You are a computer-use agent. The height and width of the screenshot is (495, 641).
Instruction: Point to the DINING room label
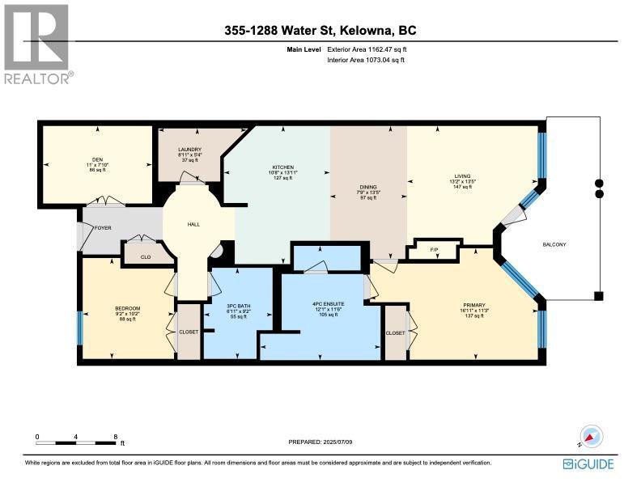[x=368, y=187]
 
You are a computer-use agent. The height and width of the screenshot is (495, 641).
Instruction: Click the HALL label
[x=193, y=225]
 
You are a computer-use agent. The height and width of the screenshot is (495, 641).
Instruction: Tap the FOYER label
[x=101, y=228]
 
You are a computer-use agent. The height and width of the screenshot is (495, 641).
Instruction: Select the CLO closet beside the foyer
[x=146, y=257]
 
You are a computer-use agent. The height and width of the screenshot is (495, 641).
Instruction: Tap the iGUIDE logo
[x=588, y=463]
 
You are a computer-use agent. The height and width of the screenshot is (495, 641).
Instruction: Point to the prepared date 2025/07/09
[x=320, y=442]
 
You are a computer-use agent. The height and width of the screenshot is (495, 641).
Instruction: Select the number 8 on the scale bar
[x=116, y=437]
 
